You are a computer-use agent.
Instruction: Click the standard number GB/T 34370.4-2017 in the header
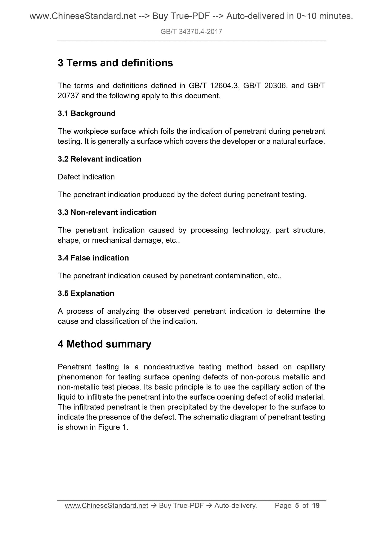pos(191,32)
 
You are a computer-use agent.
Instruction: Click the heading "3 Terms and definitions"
pos(115,63)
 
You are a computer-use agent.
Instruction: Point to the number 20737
pos(68,96)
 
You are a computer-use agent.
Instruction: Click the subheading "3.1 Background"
pos(87,113)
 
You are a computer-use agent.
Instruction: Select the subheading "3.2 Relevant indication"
pos(99,159)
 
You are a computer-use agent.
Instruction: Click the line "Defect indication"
pos(86,177)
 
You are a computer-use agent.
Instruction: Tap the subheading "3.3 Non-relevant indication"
pos(107,212)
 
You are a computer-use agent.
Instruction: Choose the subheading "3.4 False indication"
pos(93,258)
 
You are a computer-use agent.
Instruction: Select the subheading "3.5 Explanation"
pos(86,294)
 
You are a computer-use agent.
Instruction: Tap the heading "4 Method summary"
pos(104,344)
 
